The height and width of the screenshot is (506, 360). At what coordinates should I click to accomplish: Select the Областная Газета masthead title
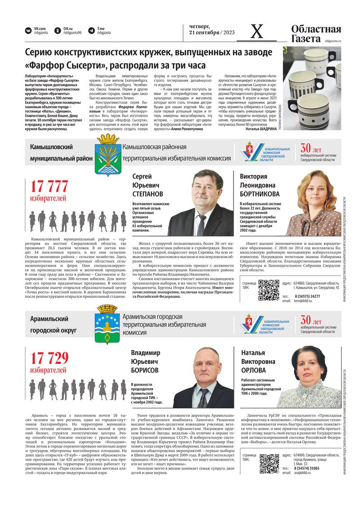(315, 34)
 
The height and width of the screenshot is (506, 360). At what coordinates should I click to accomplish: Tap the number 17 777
(49, 186)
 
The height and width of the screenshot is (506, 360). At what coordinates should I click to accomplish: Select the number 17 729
(49, 358)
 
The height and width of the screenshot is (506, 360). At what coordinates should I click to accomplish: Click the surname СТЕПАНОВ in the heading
(148, 194)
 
